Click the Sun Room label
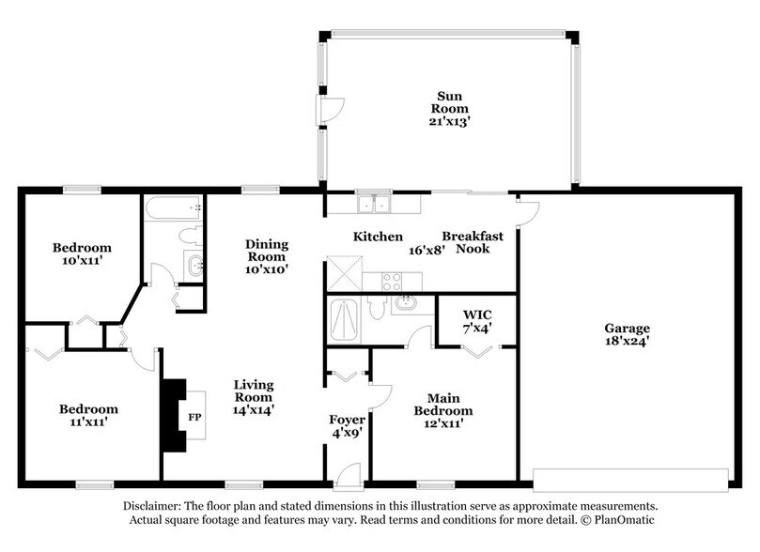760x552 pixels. pos(448,104)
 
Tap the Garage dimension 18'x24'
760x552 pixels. pos(626,343)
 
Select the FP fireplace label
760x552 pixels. pos(194,417)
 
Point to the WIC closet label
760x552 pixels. pos(478,320)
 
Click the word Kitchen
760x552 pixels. pos(378,237)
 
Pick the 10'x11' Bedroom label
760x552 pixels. pos(82,253)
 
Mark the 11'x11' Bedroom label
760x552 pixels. pos(89,416)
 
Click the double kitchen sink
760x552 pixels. pos(373,204)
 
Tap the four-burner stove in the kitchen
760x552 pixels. pos(391,279)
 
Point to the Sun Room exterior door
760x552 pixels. pos(329,112)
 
